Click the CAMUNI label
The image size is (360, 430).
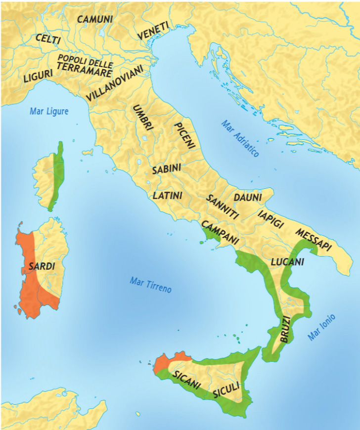click(x=95, y=19)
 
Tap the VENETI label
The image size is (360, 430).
click(x=153, y=31)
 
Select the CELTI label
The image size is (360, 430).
click(x=48, y=39)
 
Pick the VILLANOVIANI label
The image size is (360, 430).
click(x=114, y=83)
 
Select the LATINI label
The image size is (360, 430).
click(x=168, y=195)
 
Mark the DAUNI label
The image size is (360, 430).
click(x=248, y=197)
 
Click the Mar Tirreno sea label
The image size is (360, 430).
click(x=151, y=284)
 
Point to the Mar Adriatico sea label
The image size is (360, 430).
click(x=240, y=139)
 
